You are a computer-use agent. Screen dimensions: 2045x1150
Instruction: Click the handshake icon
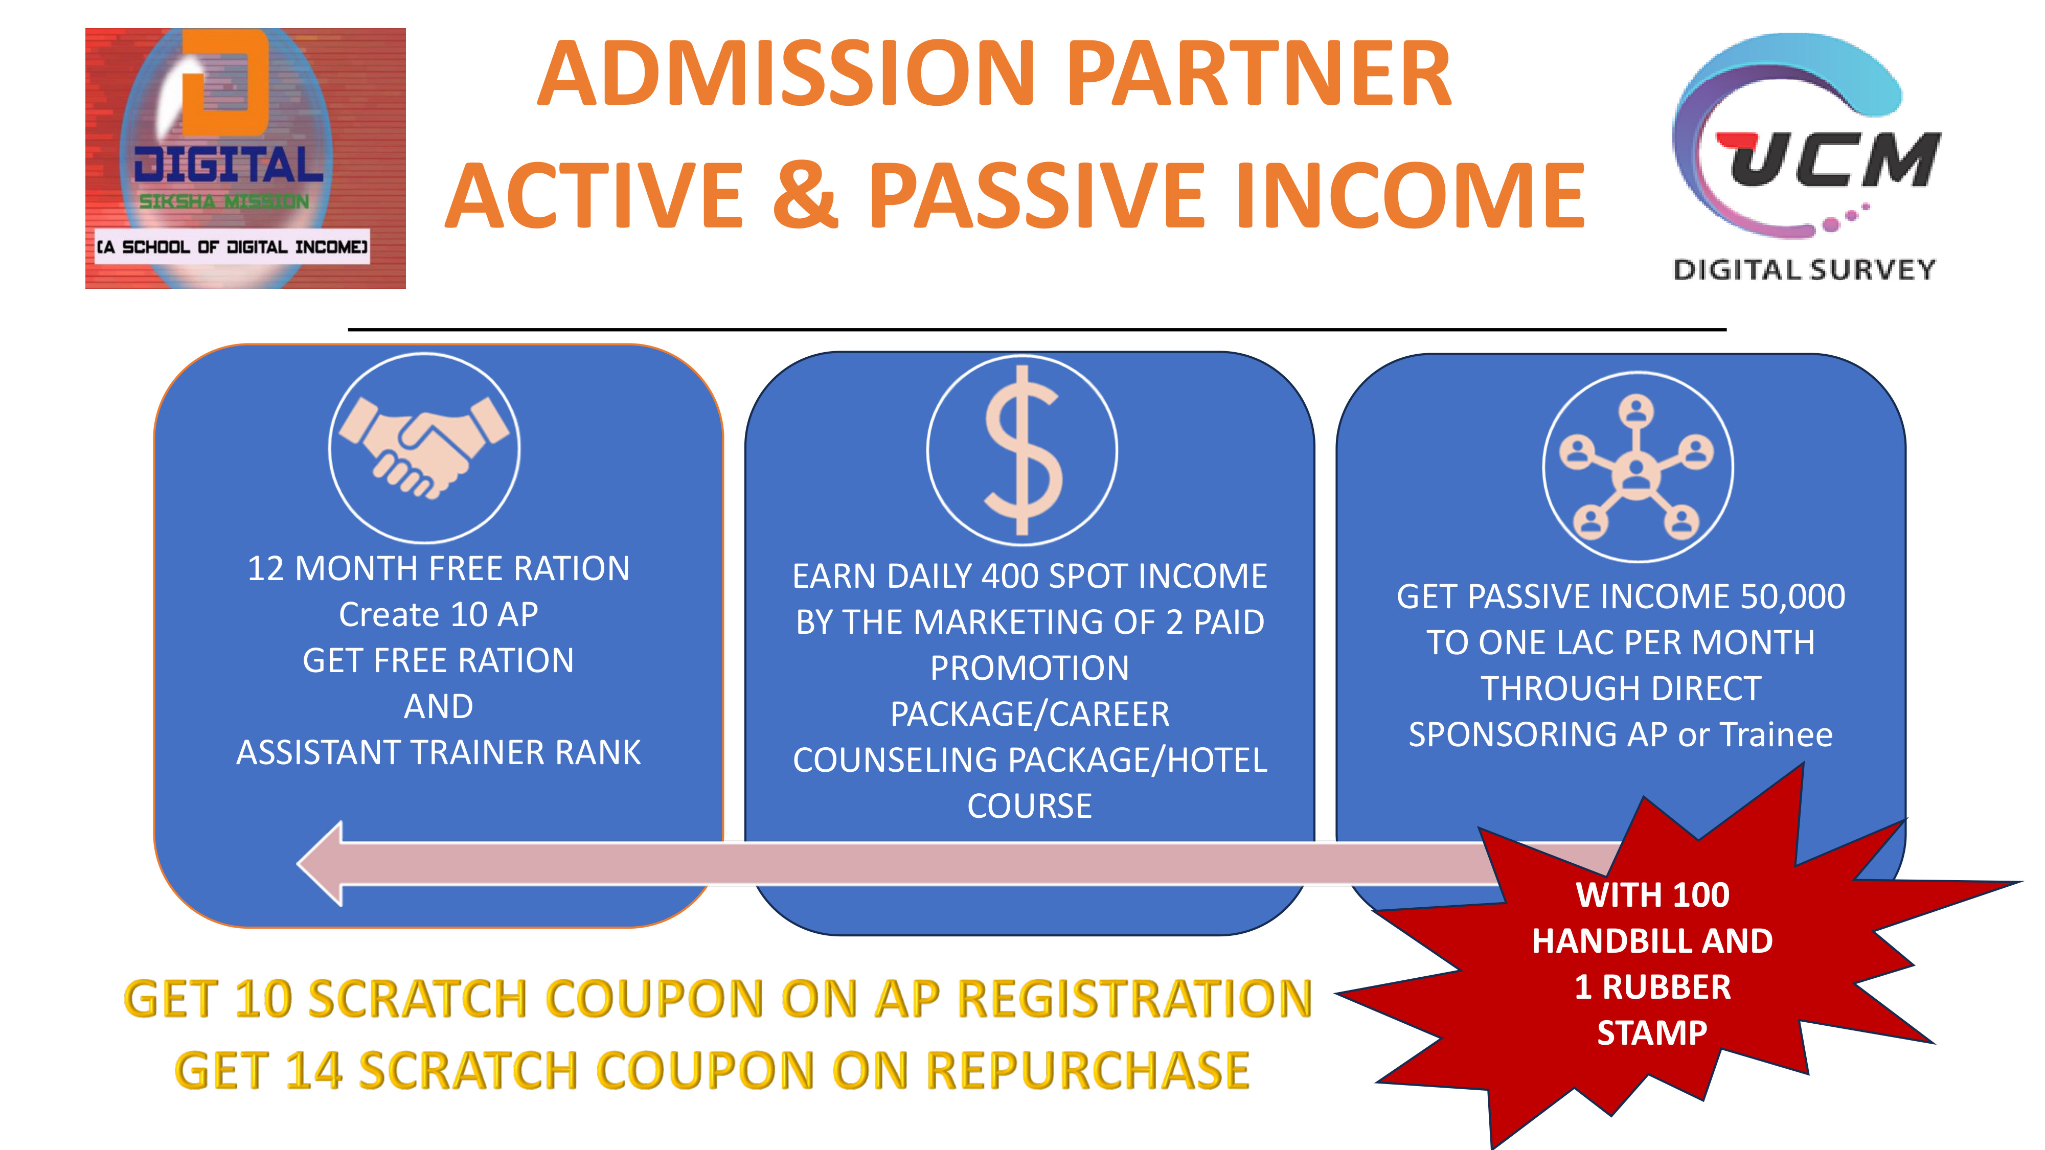click(x=424, y=448)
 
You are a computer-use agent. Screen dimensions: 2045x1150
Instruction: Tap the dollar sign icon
click(x=1022, y=450)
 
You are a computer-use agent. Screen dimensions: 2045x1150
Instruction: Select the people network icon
click(x=1637, y=467)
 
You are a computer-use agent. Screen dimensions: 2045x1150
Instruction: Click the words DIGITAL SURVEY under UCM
click(x=1804, y=270)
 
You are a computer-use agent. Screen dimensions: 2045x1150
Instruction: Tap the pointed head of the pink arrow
click(x=298, y=863)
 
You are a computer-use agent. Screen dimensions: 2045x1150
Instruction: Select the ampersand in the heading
click(x=805, y=194)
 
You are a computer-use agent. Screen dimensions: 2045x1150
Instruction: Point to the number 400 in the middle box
click(x=1011, y=576)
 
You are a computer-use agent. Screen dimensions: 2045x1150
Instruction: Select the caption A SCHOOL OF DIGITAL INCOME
click(x=232, y=247)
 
